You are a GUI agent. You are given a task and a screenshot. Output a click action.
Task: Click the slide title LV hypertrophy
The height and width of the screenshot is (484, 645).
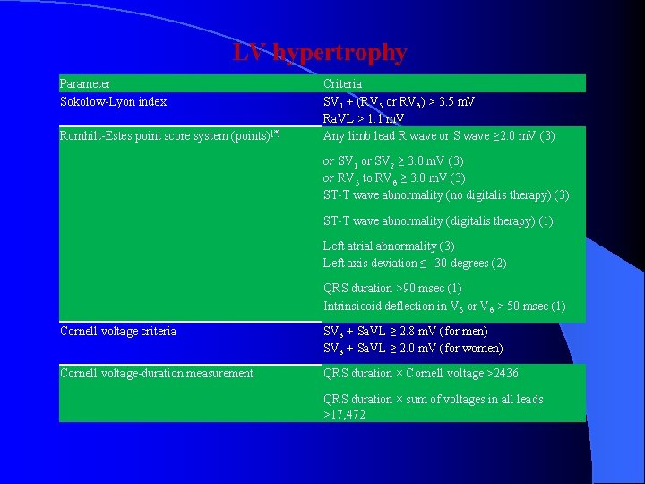(x=320, y=53)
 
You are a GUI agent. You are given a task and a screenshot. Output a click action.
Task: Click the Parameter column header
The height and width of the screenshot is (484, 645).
(x=85, y=83)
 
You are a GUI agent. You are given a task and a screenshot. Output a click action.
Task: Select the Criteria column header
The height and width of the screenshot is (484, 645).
(x=342, y=83)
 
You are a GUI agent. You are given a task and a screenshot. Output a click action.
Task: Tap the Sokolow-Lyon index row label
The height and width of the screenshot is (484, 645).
(x=113, y=101)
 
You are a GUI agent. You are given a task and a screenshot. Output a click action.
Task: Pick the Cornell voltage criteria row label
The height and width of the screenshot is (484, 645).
(x=118, y=332)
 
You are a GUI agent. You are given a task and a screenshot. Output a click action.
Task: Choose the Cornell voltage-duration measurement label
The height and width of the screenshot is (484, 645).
(x=157, y=374)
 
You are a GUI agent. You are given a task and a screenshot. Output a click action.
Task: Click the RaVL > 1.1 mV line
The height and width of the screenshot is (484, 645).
(x=364, y=118)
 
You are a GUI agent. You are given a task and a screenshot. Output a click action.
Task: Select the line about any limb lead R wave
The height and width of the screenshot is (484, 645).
(x=439, y=136)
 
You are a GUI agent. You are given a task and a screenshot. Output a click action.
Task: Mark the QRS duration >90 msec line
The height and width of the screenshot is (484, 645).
(x=392, y=289)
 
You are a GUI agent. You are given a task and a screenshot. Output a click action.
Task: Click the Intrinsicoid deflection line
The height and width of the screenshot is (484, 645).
(x=444, y=307)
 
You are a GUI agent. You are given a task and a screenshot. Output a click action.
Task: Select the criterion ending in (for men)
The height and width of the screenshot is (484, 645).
(x=413, y=332)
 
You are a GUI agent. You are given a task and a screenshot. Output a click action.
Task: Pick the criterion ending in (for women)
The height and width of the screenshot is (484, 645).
(x=413, y=349)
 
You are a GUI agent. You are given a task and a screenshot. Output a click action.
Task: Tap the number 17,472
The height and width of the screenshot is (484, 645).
(x=344, y=415)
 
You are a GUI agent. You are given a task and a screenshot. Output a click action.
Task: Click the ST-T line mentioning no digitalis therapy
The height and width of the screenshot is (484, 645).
(x=446, y=195)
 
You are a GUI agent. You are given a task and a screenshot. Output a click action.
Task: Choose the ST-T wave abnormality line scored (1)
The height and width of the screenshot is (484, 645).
(x=438, y=220)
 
